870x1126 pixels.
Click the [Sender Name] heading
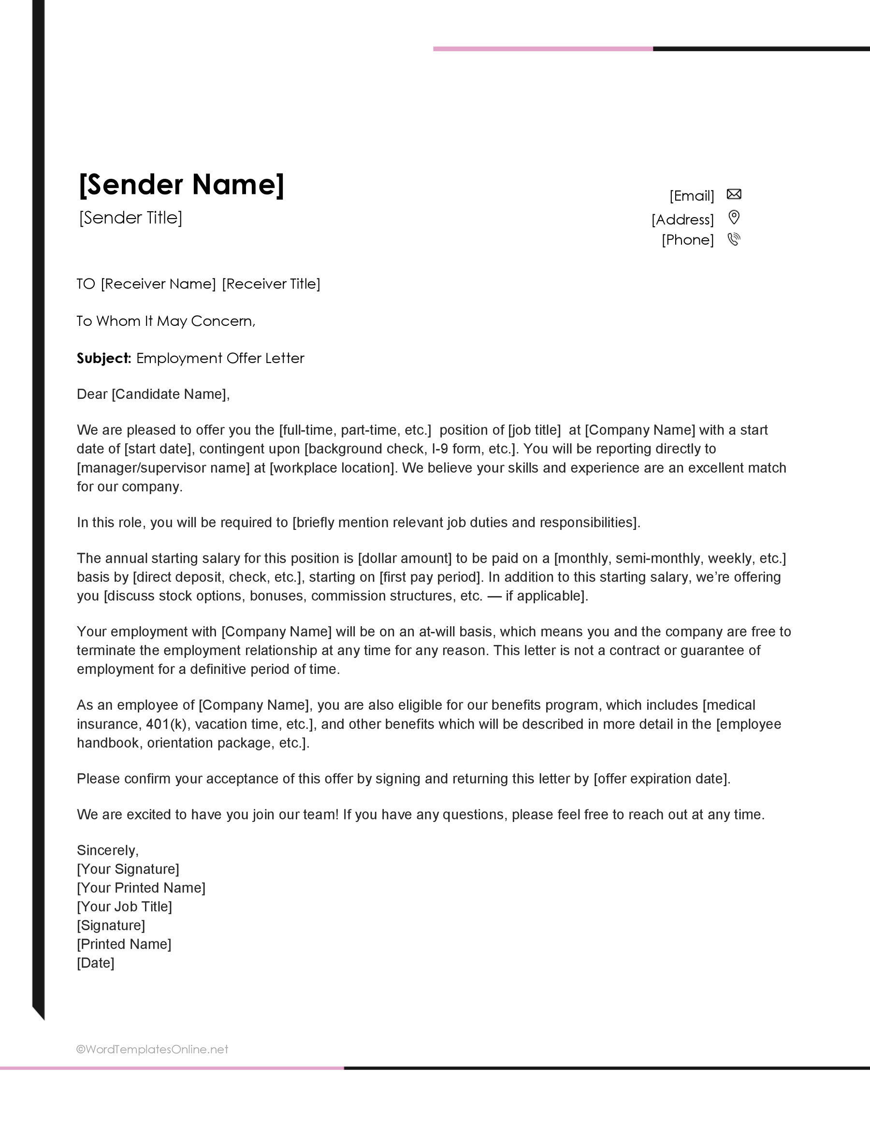coord(181,185)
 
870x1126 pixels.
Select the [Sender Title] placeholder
coord(130,218)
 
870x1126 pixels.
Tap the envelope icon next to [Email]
coord(733,194)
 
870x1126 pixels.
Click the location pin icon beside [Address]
coord(733,217)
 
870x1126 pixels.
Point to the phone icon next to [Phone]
coord(733,239)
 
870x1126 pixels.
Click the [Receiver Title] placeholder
coord(271,284)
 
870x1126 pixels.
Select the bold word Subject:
coord(104,358)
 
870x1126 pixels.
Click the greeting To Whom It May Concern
coord(165,321)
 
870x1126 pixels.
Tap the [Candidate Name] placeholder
coord(169,394)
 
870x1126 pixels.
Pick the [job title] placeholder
coord(535,430)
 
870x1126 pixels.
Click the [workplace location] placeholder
coord(333,468)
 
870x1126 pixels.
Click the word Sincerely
coord(107,850)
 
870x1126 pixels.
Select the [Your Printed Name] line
coord(141,888)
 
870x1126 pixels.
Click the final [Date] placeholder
coord(95,963)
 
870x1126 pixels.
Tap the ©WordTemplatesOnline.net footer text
coord(152,1049)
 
